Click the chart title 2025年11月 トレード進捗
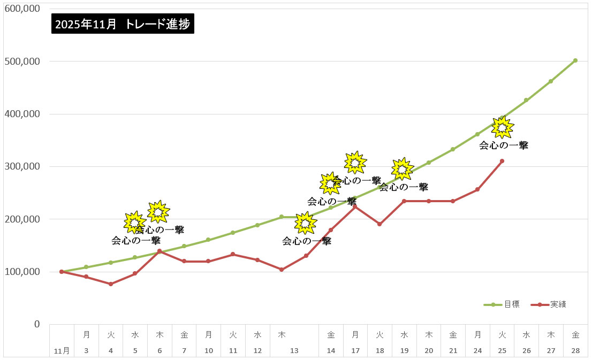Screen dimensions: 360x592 click(x=123, y=24)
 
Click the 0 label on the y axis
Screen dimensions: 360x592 click(x=37, y=324)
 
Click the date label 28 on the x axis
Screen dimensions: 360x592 click(x=575, y=350)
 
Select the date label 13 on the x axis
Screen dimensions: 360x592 click(x=294, y=350)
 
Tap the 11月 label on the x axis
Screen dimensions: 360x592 click(x=62, y=351)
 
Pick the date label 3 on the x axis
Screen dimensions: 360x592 click(x=86, y=350)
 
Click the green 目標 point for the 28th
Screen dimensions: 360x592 click(x=575, y=60)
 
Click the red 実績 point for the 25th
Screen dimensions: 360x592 click(x=502, y=161)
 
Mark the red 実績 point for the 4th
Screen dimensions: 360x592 click(x=111, y=284)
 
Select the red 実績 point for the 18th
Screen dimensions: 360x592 click(x=380, y=224)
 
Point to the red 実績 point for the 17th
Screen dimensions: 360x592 click(x=355, y=206)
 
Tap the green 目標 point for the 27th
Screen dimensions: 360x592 click(x=550, y=81)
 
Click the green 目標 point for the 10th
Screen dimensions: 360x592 click(x=208, y=240)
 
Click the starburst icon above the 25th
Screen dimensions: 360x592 click(x=503, y=127)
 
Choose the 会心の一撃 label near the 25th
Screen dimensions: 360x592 click(x=503, y=145)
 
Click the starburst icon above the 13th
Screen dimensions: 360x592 click(x=305, y=223)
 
